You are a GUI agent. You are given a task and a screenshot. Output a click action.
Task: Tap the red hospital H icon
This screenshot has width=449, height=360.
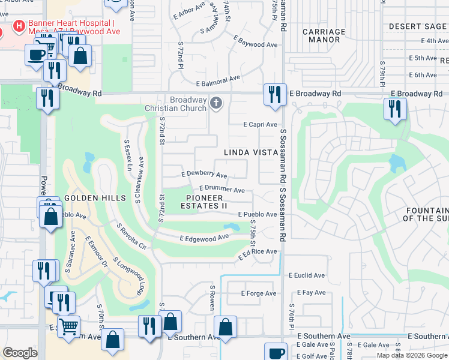(x=19, y=26)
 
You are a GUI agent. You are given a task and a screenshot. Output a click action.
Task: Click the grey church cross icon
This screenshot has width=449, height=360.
(x=216, y=103)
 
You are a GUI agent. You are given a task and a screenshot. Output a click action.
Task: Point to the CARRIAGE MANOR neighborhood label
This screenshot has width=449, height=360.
(x=324, y=35)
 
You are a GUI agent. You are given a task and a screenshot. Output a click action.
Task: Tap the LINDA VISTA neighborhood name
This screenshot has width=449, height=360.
(x=250, y=153)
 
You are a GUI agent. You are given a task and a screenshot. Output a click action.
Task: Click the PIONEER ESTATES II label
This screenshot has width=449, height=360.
(x=206, y=202)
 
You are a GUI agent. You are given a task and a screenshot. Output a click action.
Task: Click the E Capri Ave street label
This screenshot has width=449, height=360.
(x=260, y=125)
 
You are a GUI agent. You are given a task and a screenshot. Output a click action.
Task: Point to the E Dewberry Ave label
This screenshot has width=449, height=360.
(x=204, y=175)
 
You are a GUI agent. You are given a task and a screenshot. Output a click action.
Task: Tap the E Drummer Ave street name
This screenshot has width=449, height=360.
(x=221, y=189)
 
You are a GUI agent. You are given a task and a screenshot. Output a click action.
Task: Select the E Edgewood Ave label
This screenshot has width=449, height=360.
(x=205, y=238)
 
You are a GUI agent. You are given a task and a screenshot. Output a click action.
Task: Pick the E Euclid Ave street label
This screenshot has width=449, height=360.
(x=307, y=275)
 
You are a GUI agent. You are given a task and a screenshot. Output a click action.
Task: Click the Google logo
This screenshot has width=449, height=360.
(x=20, y=353)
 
